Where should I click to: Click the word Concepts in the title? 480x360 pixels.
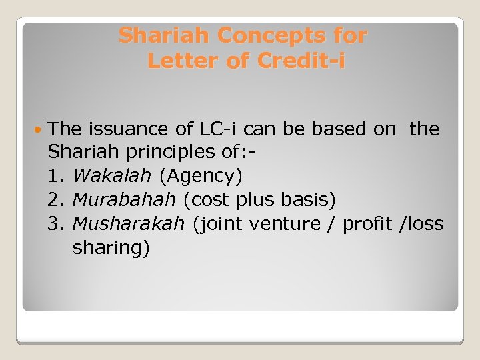click(x=267, y=35)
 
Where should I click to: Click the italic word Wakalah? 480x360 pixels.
click(x=112, y=176)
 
